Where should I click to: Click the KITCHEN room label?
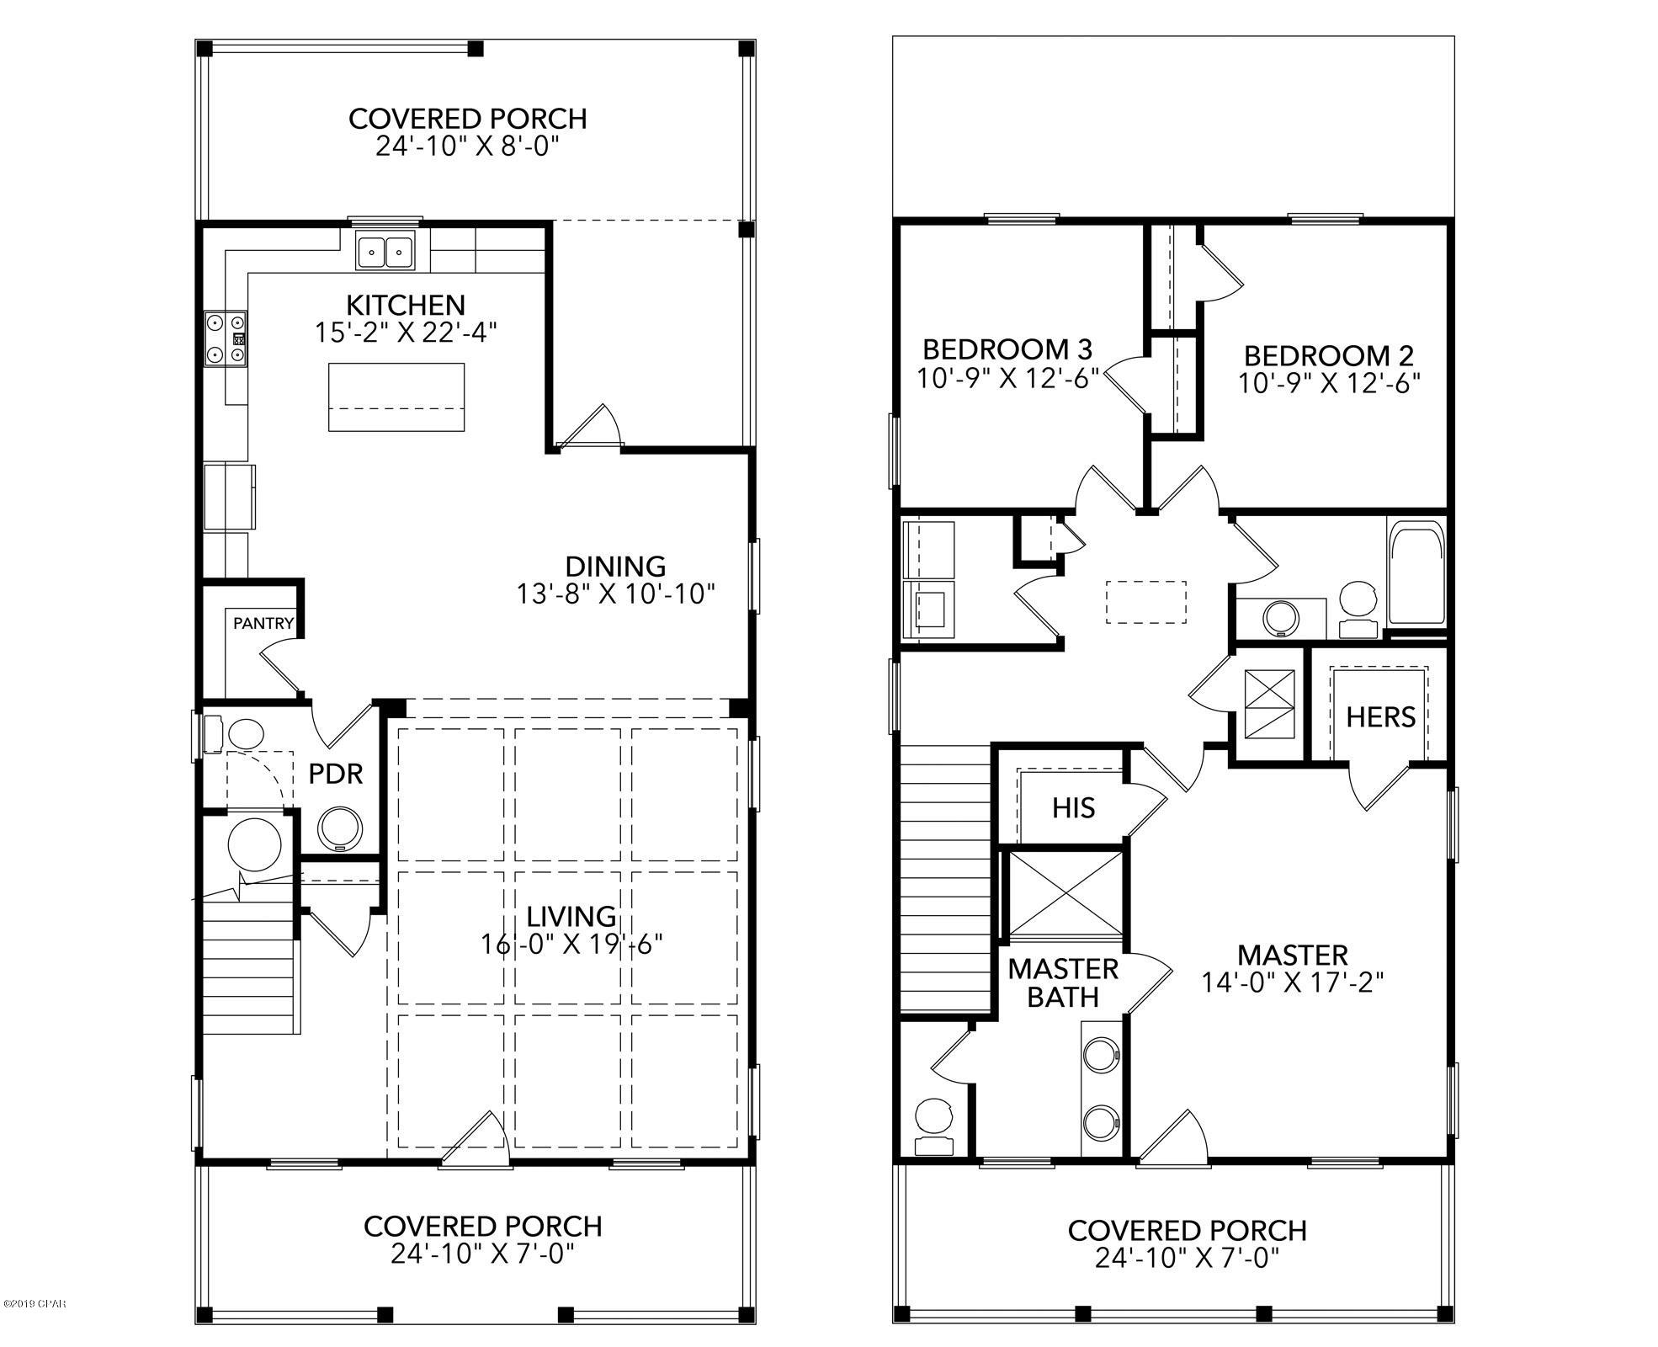(x=406, y=304)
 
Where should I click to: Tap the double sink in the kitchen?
(x=385, y=251)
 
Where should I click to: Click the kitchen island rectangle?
(x=396, y=397)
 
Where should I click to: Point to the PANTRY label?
(x=263, y=623)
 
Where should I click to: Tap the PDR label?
(x=335, y=774)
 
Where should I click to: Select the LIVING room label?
(x=571, y=916)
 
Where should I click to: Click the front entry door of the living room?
(x=476, y=1142)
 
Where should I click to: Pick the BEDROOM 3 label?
(x=1007, y=349)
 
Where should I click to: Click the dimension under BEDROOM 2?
(x=1328, y=384)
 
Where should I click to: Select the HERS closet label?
(x=1380, y=717)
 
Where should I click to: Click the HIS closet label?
(x=1073, y=808)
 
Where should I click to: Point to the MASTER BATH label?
(x=1063, y=982)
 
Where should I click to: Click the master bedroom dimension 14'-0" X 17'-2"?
(x=1293, y=982)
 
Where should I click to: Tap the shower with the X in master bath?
(x=1065, y=893)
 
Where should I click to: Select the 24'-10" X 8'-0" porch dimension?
(x=467, y=147)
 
